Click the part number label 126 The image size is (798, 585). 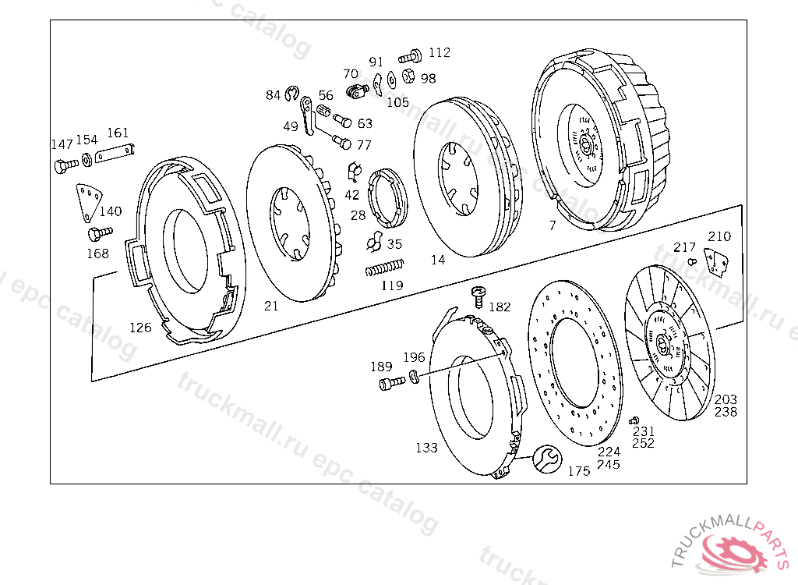click(x=140, y=328)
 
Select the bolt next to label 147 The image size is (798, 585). click(x=65, y=165)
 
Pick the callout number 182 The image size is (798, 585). click(x=500, y=307)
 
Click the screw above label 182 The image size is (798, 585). click(x=478, y=296)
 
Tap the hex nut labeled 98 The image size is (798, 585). click(x=408, y=76)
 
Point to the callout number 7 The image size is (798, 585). click(x=552, y=226)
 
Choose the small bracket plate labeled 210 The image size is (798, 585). click(x=716, y=262)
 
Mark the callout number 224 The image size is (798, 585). click(x=609, y=452)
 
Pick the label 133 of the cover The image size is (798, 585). click(x=426, y=448)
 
